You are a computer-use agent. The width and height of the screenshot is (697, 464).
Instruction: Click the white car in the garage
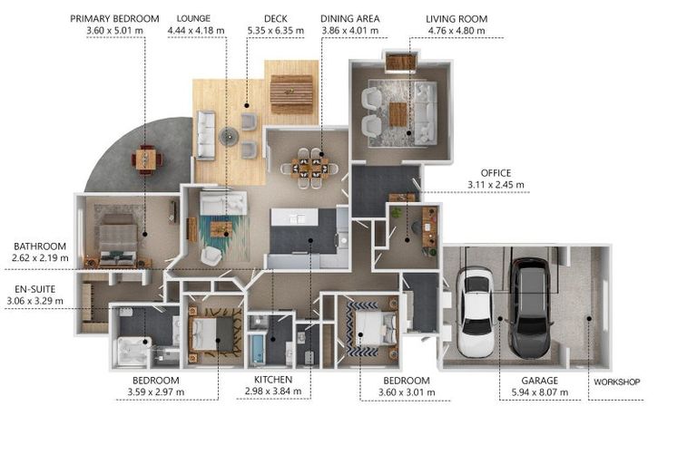[x=476, y=312]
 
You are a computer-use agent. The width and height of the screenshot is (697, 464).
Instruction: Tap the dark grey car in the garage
[x=530, y=309]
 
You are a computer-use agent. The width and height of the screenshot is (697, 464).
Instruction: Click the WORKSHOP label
[x=616, y=382]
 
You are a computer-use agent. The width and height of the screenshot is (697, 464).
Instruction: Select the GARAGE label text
[x=540, y=381]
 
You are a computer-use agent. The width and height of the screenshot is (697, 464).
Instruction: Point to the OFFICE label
[x=496, y=173]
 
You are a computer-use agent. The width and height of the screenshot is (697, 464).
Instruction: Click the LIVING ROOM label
[x=456, y=19]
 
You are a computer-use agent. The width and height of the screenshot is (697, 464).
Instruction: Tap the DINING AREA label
[x=349, y=19]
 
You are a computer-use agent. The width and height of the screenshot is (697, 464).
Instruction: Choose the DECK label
[x=276, y=19]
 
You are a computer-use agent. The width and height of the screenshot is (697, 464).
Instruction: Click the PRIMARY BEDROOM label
[x=114, y=19]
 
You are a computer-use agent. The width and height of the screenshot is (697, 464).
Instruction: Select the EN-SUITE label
[x=34, y=289]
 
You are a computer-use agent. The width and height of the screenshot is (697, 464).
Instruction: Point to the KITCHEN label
[x=273, y=380]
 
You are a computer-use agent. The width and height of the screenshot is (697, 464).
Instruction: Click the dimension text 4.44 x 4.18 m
[x=196, y=31]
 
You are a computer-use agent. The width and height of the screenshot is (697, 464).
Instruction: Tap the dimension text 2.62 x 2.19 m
[x=40, y=257]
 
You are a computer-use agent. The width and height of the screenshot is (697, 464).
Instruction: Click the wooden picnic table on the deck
[x=291, y=93]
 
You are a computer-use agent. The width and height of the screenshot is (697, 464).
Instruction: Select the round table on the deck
[x=229, y=136]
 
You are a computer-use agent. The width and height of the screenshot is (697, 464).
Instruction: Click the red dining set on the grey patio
[x=146, y=159]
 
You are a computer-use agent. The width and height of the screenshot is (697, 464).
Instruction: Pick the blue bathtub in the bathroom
[x=257, y=349]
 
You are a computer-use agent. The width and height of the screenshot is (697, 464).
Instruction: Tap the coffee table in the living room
[x=398, y=114]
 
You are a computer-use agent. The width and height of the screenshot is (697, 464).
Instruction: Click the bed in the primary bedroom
[x=117, y=241]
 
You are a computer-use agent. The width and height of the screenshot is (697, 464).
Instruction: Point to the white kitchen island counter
[x=295, y=217]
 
